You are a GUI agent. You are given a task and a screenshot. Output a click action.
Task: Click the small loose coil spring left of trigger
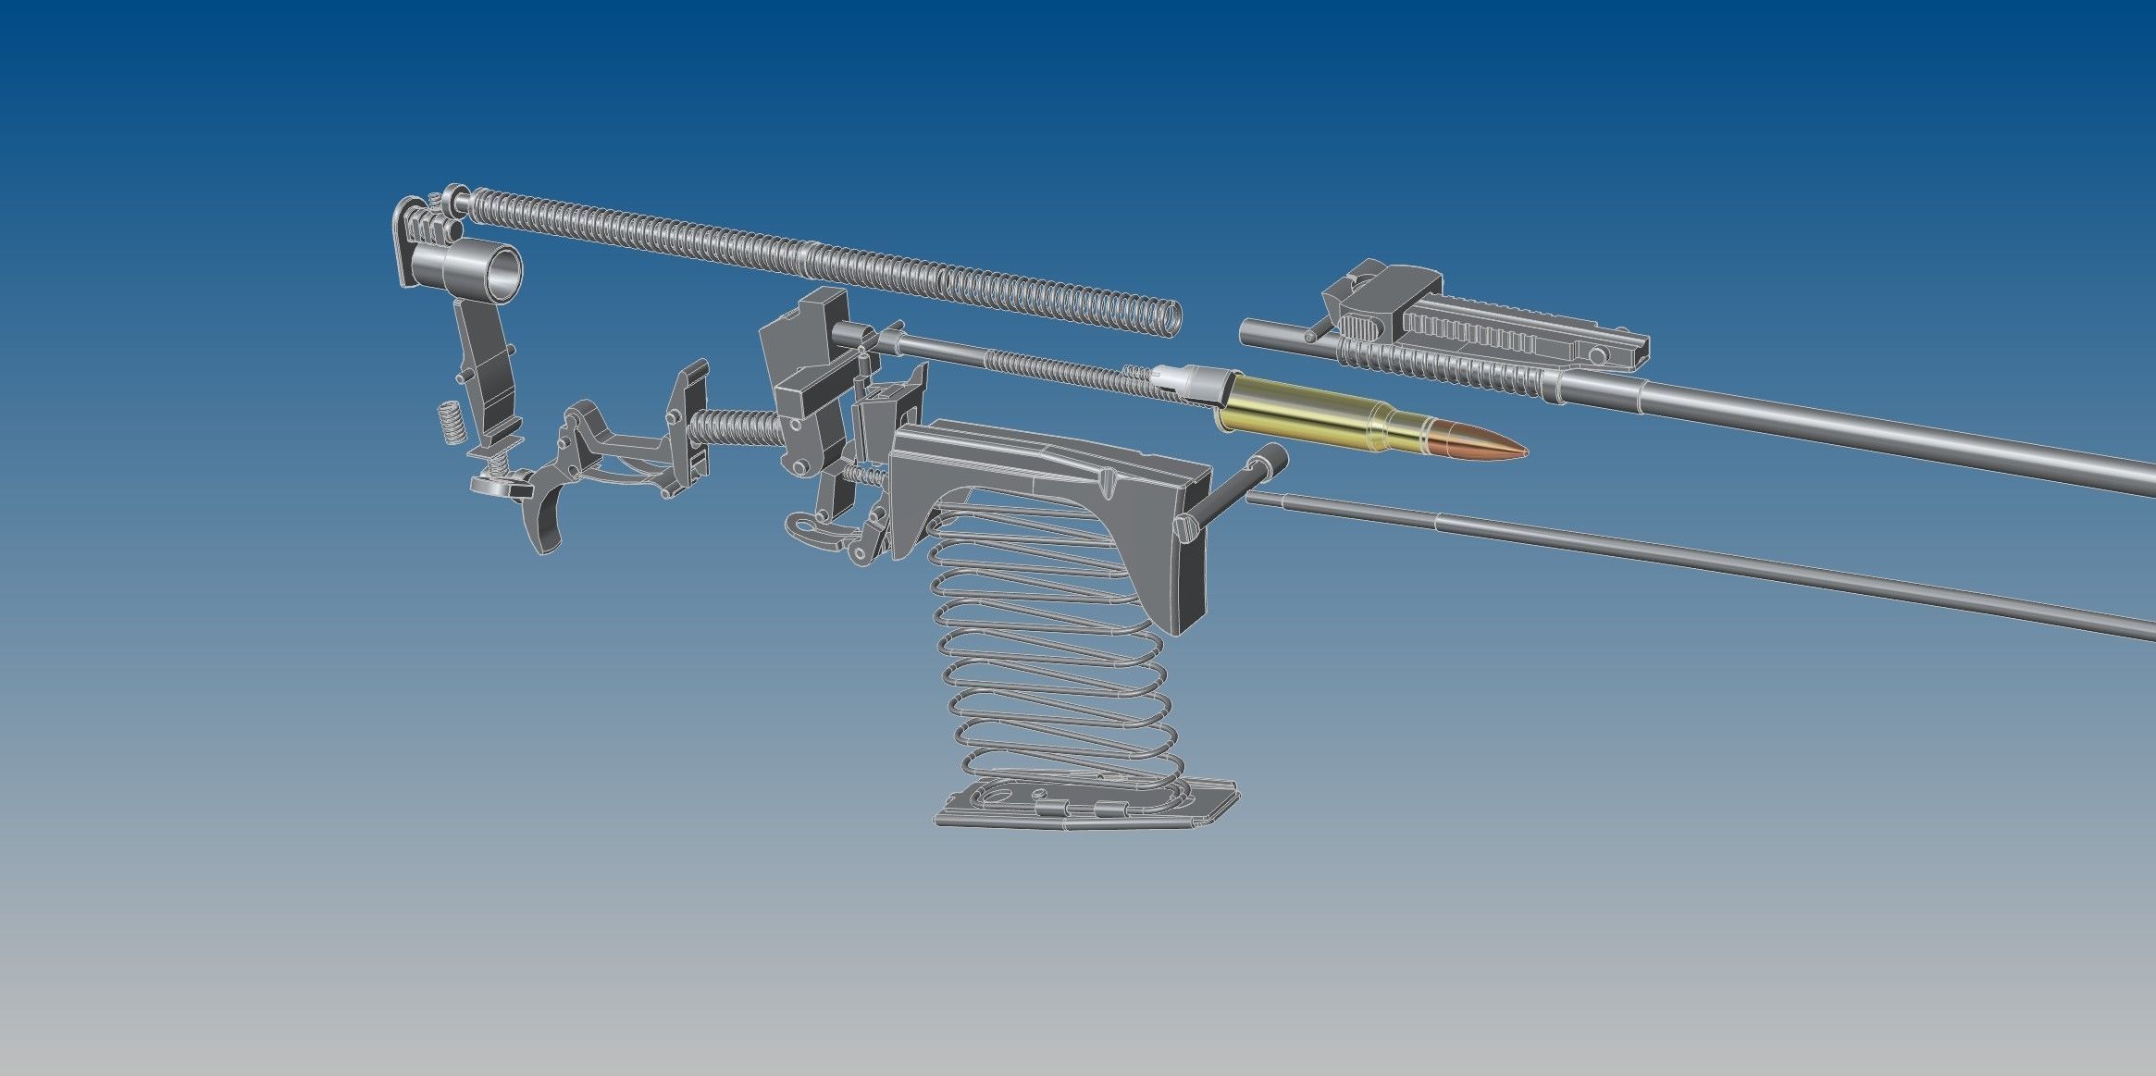pyautogui.click(x=450, y=422)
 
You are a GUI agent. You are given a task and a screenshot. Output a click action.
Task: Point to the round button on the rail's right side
pyautogui.click(x=1597, y=355)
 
